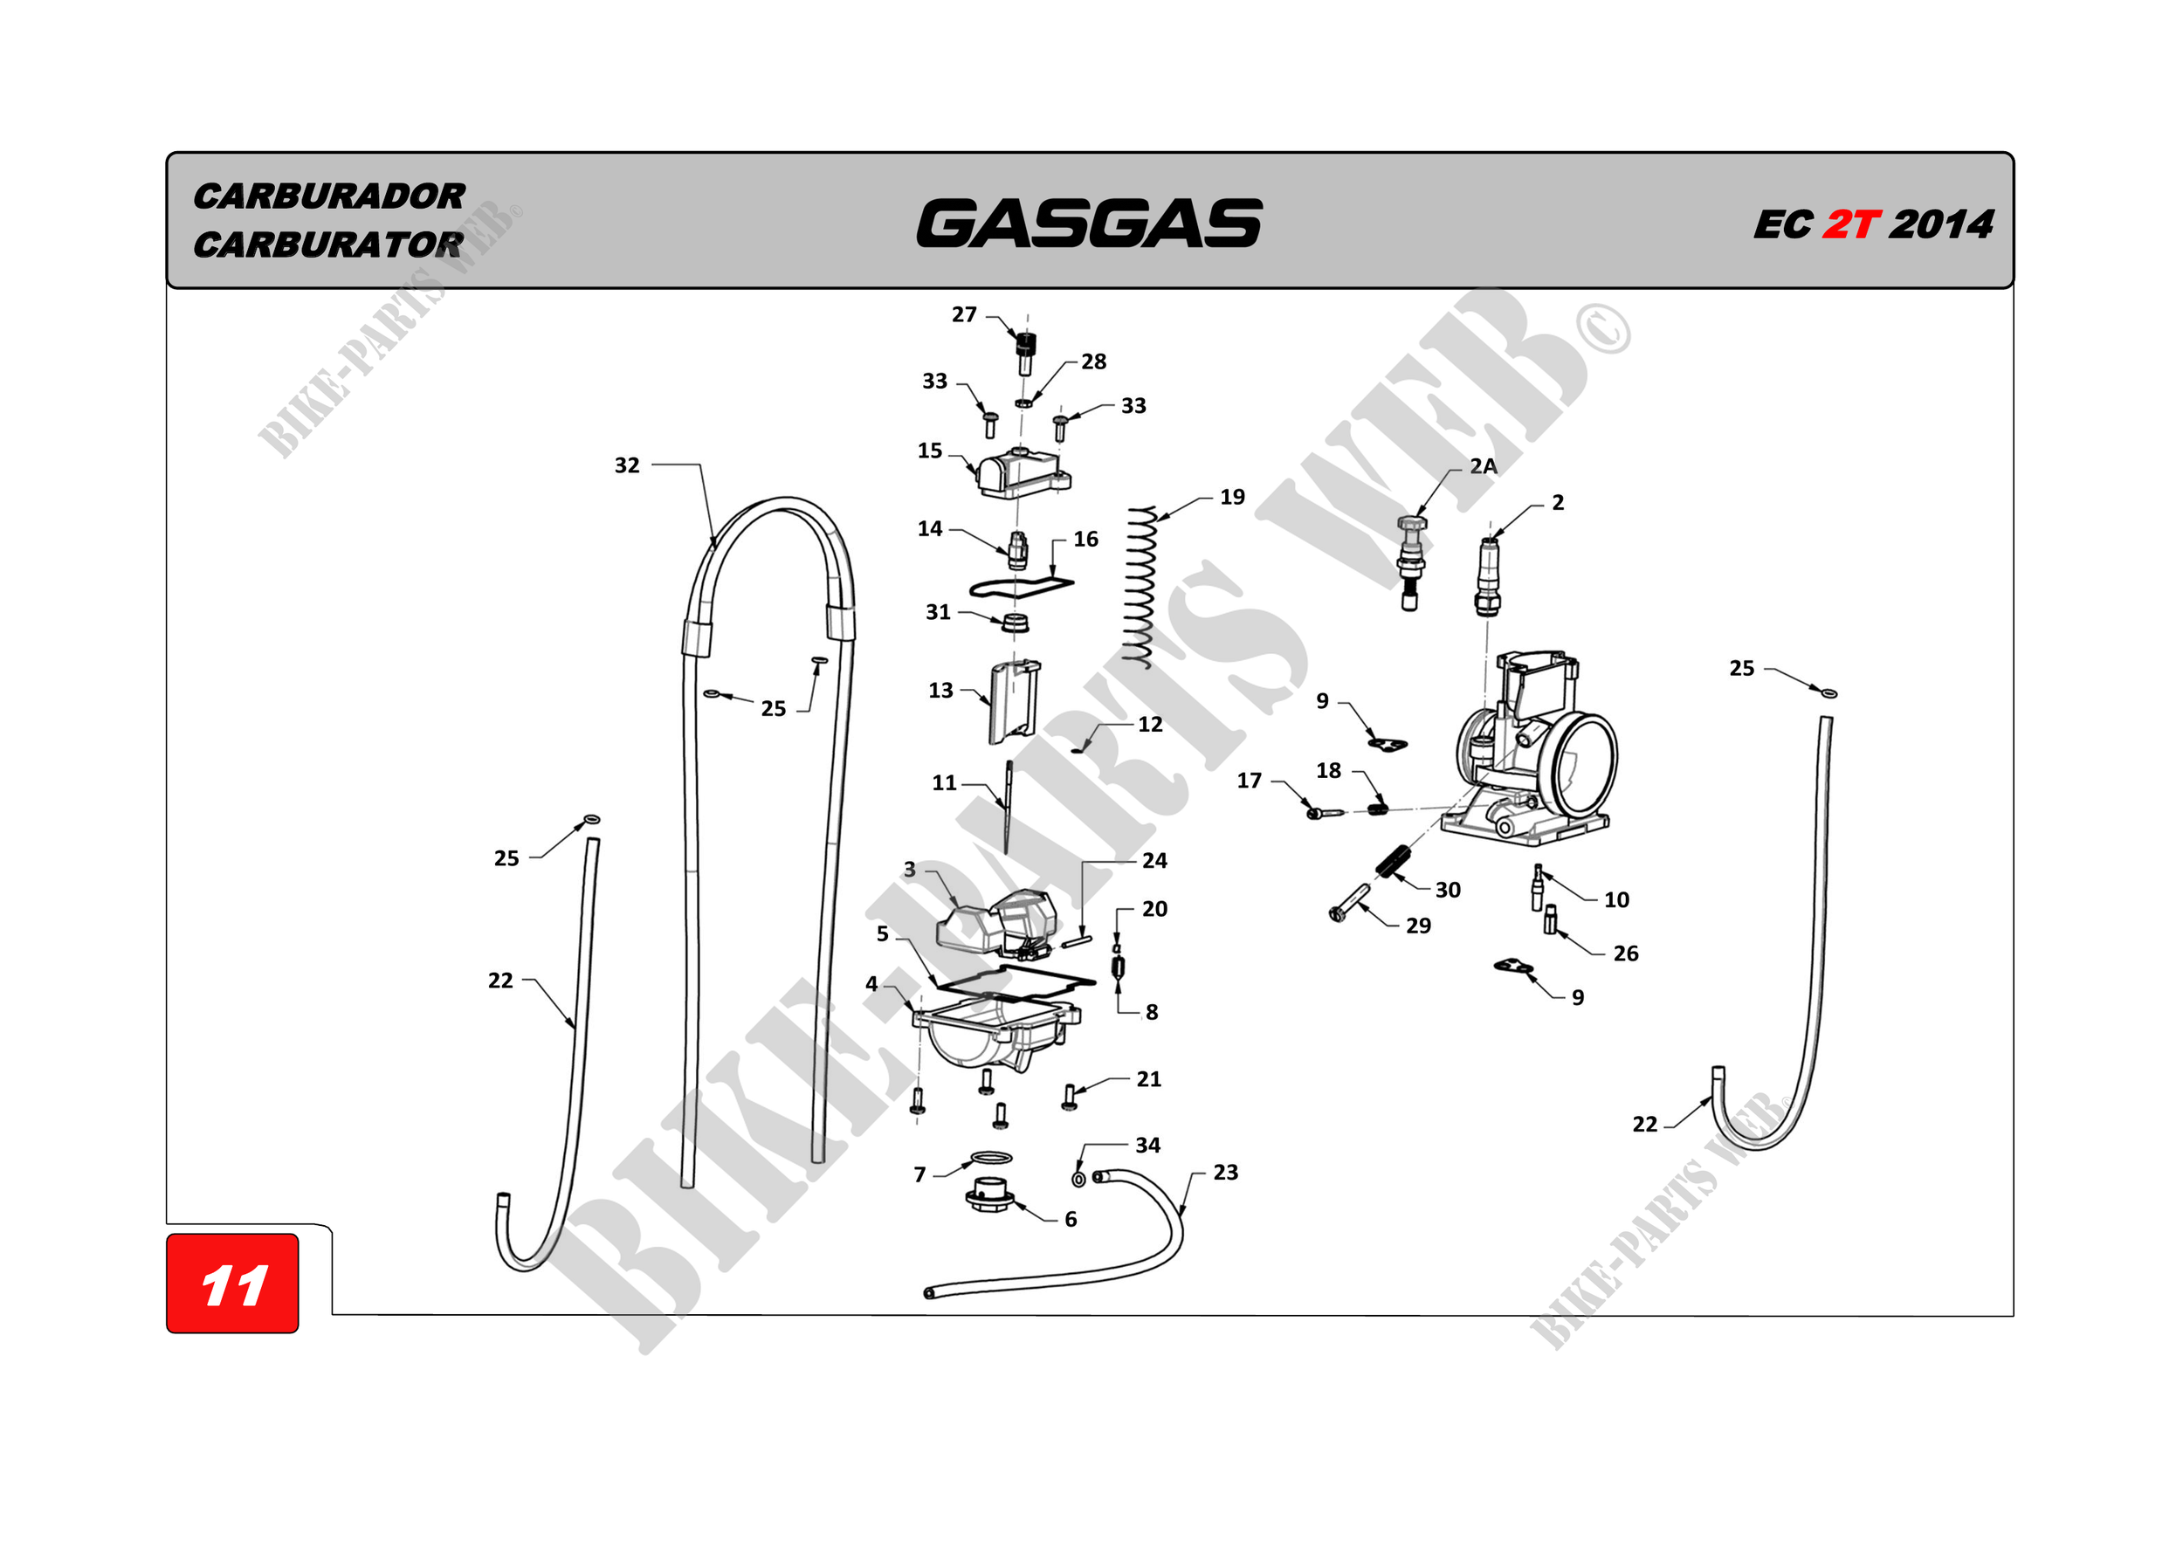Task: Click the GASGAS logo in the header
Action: coord(1089,224)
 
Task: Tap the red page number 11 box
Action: coord(233,1284)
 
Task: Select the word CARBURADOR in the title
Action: coord(329,196)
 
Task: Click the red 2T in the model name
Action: coord(1850,225)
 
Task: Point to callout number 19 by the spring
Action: coord(1232,497)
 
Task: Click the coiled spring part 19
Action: coord(1139,588)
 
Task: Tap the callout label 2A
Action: coord(1484,466)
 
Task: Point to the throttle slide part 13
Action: coord(1014,703)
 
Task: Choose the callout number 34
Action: coord(1147,1146)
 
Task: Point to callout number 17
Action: coord(1250,781)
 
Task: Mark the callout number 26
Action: coord(1626,953)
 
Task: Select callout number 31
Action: coord(939,612)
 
